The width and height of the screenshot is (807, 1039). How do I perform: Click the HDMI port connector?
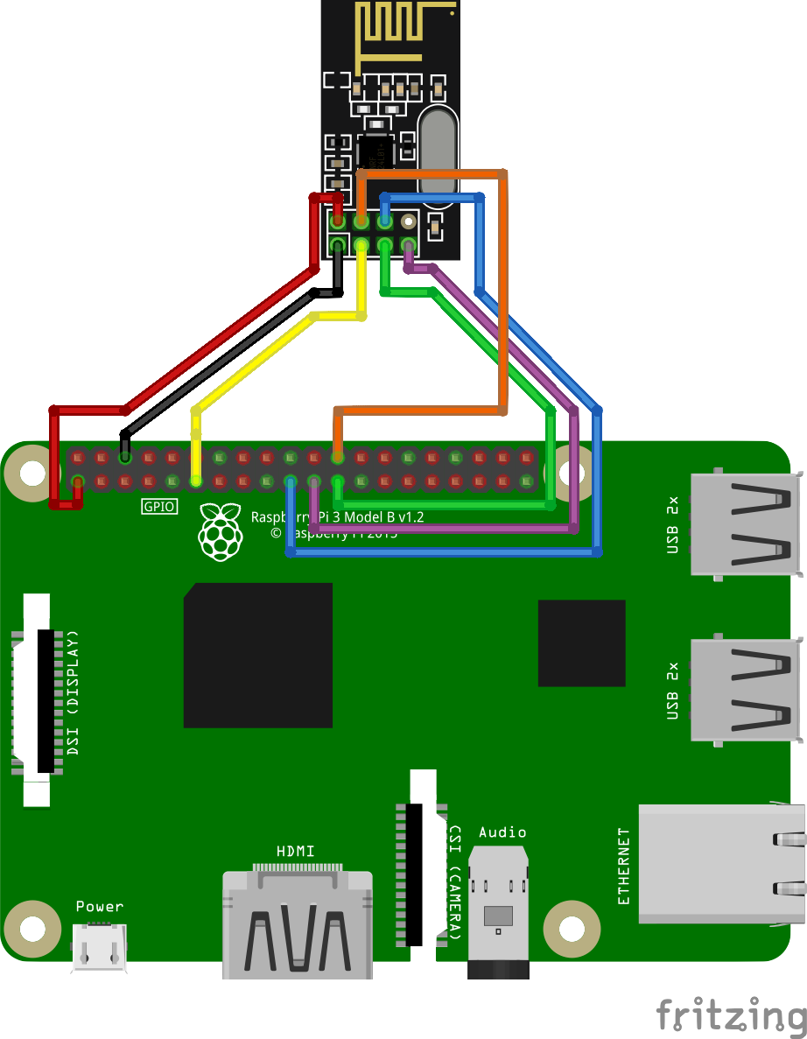[297, 923]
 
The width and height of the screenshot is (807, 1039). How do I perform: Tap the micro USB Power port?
[100, 946]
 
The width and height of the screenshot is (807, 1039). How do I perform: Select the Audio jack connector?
[499, 910]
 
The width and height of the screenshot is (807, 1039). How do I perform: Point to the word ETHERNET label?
[623, 866]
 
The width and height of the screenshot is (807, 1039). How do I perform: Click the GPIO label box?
[159, 506]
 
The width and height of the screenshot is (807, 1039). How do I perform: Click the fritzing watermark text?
[731, 1015]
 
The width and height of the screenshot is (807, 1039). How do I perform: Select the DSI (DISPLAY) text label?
[73, 692]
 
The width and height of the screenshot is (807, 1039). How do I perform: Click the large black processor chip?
[257, 655]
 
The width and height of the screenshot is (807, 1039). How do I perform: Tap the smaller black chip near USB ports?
[581, 642]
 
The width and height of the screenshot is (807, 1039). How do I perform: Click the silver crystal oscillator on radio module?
[438, 149]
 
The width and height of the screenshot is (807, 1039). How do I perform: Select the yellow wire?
[254, 366]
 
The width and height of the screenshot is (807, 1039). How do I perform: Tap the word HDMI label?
[295, 851]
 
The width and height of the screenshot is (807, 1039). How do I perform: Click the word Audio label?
[502, 832]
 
